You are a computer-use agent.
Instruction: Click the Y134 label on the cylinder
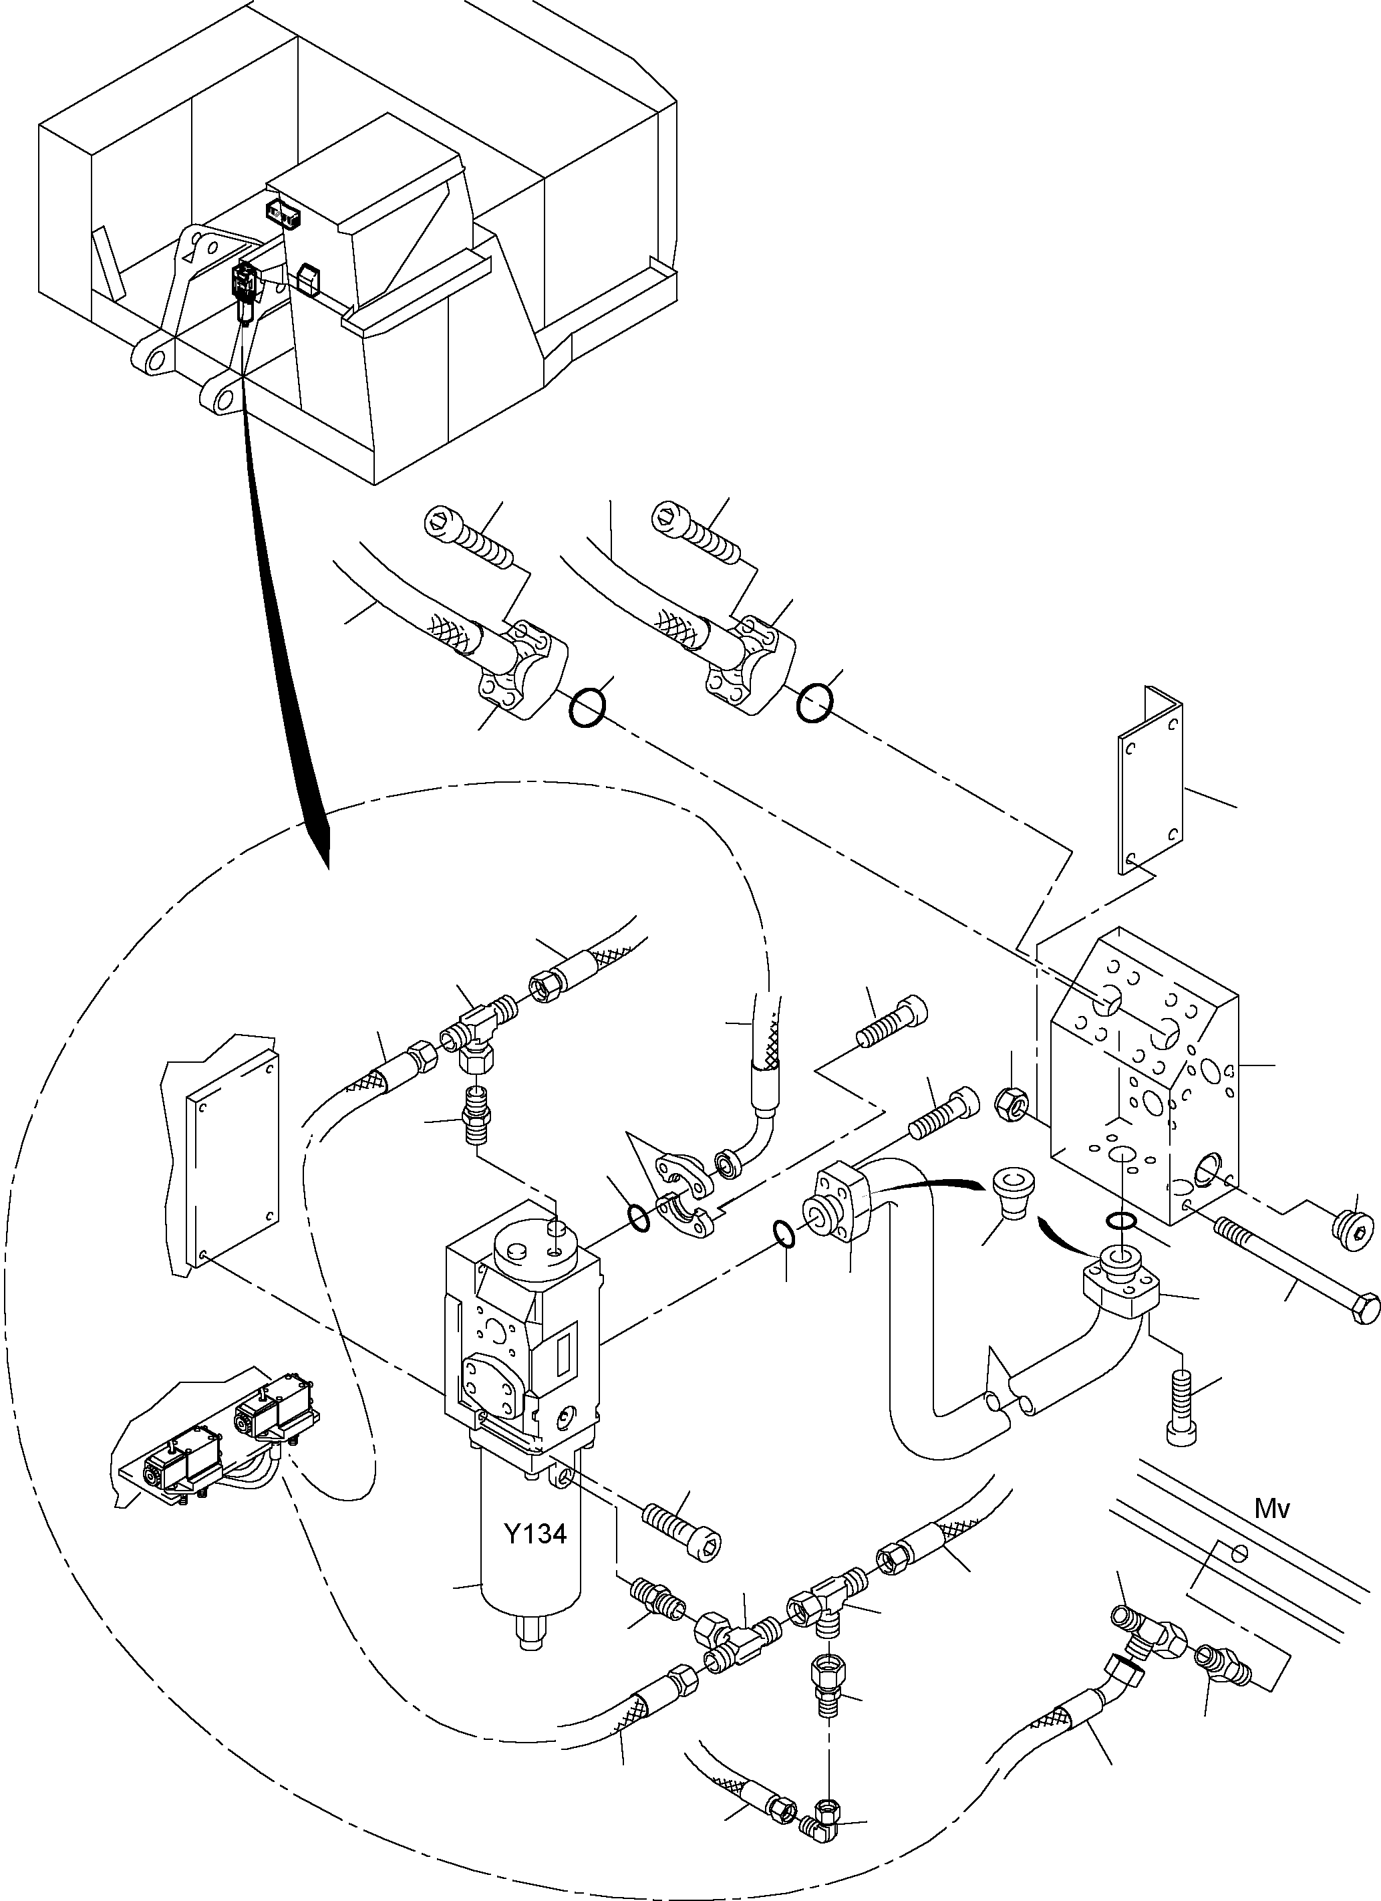tap(534, 1534)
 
